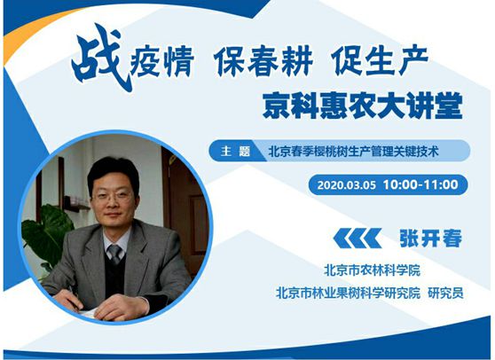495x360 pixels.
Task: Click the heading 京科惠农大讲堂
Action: tap(363, 106)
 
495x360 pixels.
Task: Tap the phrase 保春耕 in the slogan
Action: tap(263, 61)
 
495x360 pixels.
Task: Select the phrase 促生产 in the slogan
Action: tap(381, 61)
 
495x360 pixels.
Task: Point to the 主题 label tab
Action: tap(235, 151)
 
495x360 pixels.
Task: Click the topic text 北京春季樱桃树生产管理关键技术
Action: tap(353, 152)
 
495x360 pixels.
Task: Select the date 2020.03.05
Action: tap(346, 185)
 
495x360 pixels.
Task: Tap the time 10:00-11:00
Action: tap(420, 184)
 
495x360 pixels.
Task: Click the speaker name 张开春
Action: tap(431, 239)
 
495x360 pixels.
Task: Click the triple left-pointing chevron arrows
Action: tap(357, 239)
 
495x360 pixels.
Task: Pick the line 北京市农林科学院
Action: tap(372, 270)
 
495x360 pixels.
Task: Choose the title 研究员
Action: tap(445, 293)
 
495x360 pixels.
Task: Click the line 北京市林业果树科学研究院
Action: tap(349, 293)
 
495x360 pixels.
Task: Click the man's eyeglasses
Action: tap(113, 196)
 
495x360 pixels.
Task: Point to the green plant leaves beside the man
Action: tap(47, 232)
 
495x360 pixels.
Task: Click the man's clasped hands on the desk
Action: tap(104, 303)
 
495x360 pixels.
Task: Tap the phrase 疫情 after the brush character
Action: tap(162, 62)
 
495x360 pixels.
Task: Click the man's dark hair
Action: tap(113, 174)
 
